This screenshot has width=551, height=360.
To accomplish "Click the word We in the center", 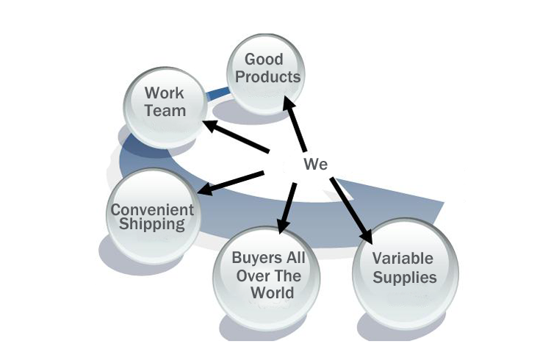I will pos(316,164).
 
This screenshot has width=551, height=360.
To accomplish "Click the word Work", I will pos(164,93).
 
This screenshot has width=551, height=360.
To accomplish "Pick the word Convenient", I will pos(152,209).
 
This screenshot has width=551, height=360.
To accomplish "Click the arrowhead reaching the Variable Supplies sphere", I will pos(367,236).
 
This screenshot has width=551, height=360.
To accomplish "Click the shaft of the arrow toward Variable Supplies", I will pos(348,206).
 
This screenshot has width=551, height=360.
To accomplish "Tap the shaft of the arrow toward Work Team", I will pos(242,140).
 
